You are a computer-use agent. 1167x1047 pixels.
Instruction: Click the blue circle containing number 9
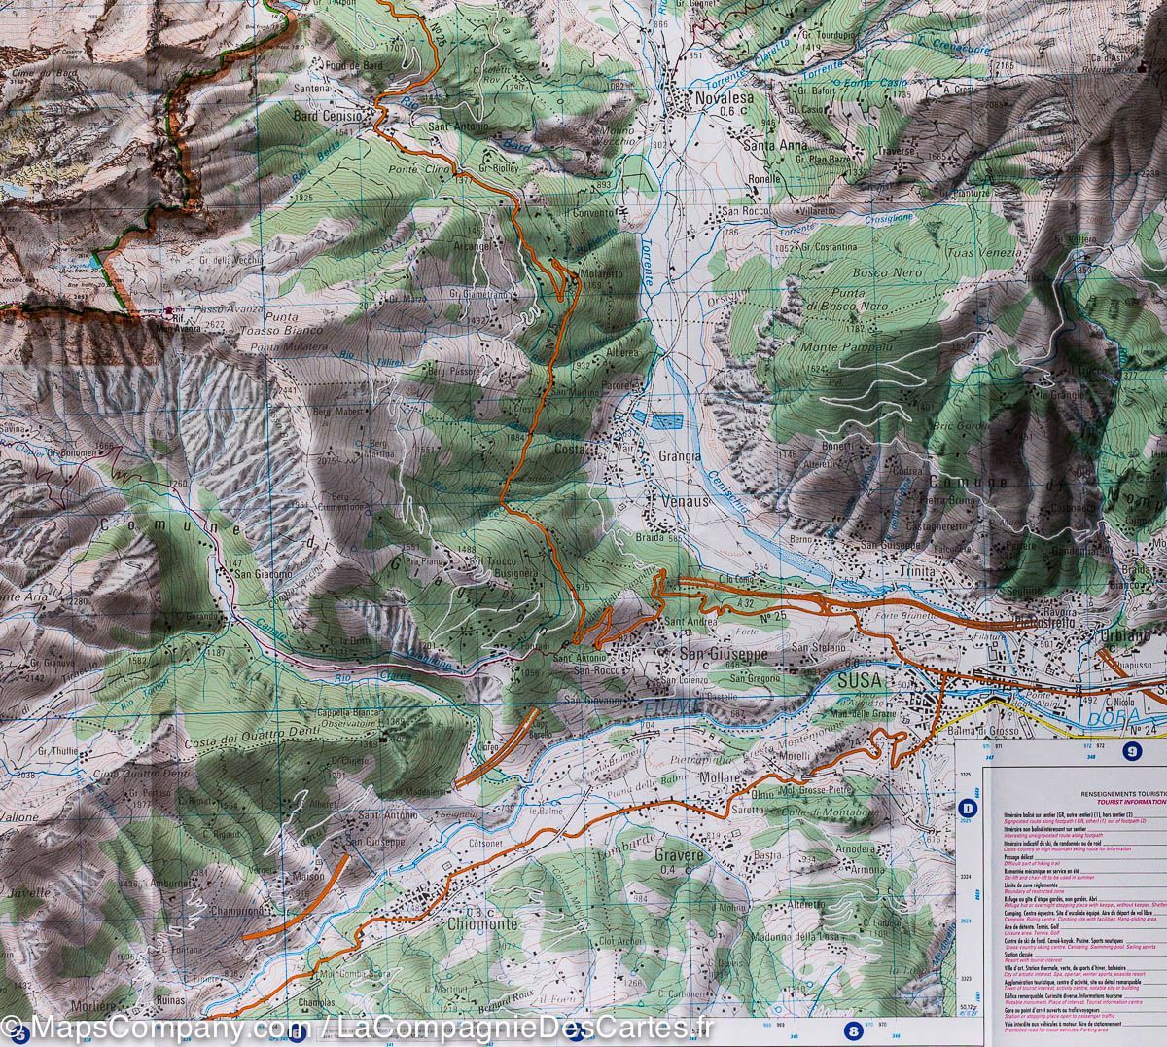point(1131,750)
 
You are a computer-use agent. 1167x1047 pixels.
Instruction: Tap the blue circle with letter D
point(968,807)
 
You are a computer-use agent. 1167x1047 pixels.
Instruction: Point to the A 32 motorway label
point(745,604)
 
